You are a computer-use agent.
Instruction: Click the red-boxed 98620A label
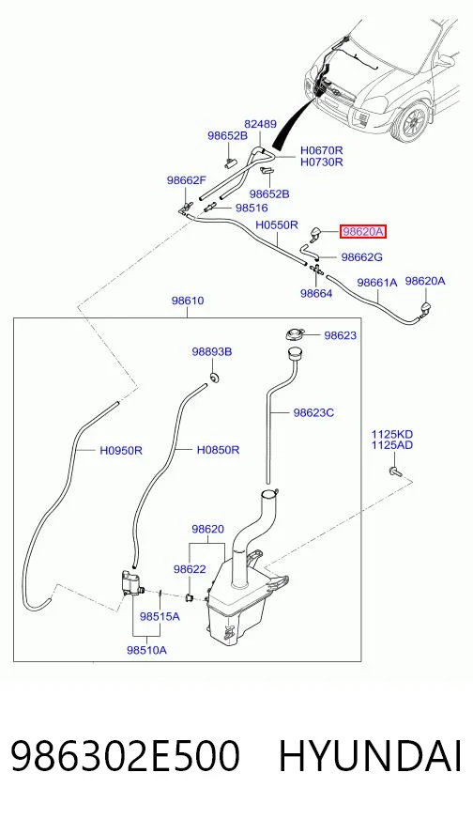tap(363, 231)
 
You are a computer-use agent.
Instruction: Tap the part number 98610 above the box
tap(188, 301)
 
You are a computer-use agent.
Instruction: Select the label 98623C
tap(313, 412)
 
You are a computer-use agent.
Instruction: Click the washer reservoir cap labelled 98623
tap(295, 333)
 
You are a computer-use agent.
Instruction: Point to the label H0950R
tap(121, 450)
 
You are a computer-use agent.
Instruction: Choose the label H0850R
tap(219, 449)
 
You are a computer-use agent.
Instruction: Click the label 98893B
tap(211, 352)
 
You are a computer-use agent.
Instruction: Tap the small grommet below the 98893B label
tap(214, 377)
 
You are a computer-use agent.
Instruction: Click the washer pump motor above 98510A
tap(130, 581)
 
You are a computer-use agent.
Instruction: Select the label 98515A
tap(160, 616)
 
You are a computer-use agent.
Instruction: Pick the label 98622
tap(190, 569)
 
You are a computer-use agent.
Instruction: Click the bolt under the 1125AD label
tap(394, 471)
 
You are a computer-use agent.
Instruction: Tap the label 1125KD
tap(392, 434)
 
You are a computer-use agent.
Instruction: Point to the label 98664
tap(316, 294)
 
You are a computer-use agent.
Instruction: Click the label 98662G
tap(362, 257)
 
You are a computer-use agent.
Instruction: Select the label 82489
tap(261, 124)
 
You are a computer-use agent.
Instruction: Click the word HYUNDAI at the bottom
tap(370, 756)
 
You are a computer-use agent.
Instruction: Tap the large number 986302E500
tap(126, 756)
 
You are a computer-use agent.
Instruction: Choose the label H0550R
tap(277, 225)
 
